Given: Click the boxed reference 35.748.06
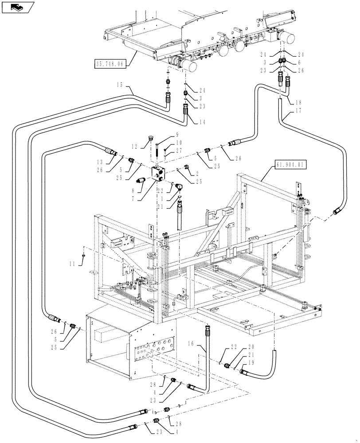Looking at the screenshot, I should [x=110, y=64].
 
